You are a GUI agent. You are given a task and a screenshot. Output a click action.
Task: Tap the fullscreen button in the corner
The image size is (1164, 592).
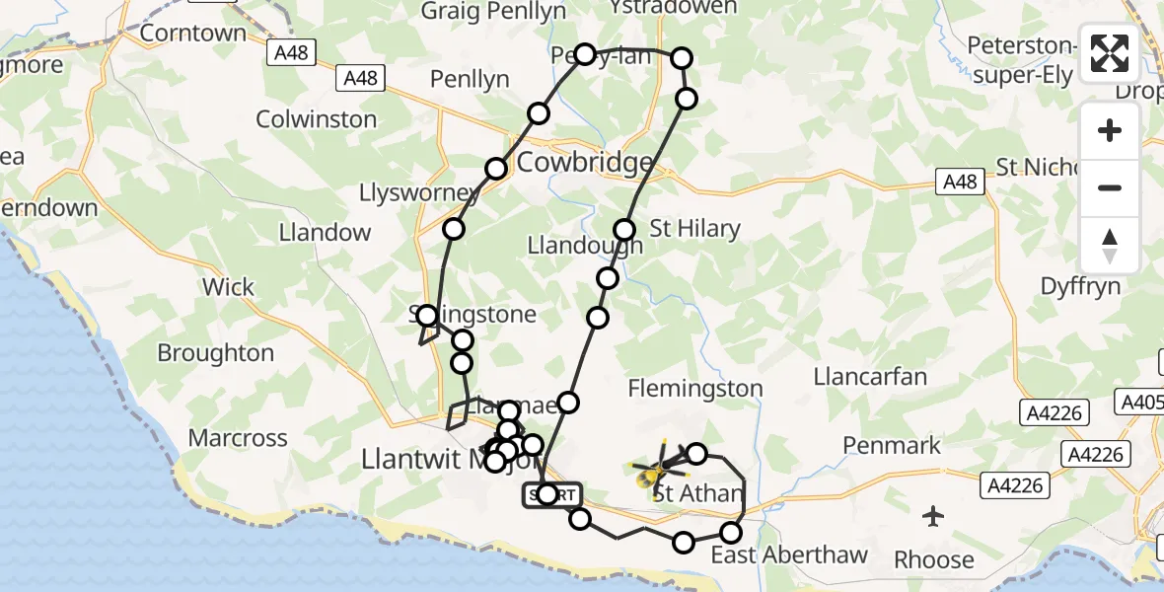1110,53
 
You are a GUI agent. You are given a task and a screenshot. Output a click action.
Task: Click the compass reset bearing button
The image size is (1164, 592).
1110,246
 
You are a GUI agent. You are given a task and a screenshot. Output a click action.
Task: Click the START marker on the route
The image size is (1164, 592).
552,494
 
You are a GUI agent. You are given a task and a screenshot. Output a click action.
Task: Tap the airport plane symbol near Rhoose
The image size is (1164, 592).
933,515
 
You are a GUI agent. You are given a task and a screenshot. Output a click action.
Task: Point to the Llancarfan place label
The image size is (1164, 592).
870,376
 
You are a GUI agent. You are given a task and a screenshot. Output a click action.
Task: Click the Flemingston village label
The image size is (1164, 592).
696,388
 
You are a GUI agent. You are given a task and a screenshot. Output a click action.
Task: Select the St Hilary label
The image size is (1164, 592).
694,229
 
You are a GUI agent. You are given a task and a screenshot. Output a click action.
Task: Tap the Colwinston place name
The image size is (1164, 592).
316,119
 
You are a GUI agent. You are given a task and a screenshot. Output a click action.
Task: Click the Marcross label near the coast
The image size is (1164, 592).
238,437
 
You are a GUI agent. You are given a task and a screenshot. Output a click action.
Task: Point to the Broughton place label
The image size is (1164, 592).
216,352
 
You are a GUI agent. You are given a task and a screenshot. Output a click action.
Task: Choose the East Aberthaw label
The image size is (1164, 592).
789,555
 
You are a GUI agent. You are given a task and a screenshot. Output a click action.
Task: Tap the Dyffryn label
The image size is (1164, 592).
1081,286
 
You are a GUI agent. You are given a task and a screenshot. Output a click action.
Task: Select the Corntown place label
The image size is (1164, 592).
192,33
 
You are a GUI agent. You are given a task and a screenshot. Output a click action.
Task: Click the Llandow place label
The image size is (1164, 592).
325,233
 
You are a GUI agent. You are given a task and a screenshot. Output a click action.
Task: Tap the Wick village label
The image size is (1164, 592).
228,287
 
